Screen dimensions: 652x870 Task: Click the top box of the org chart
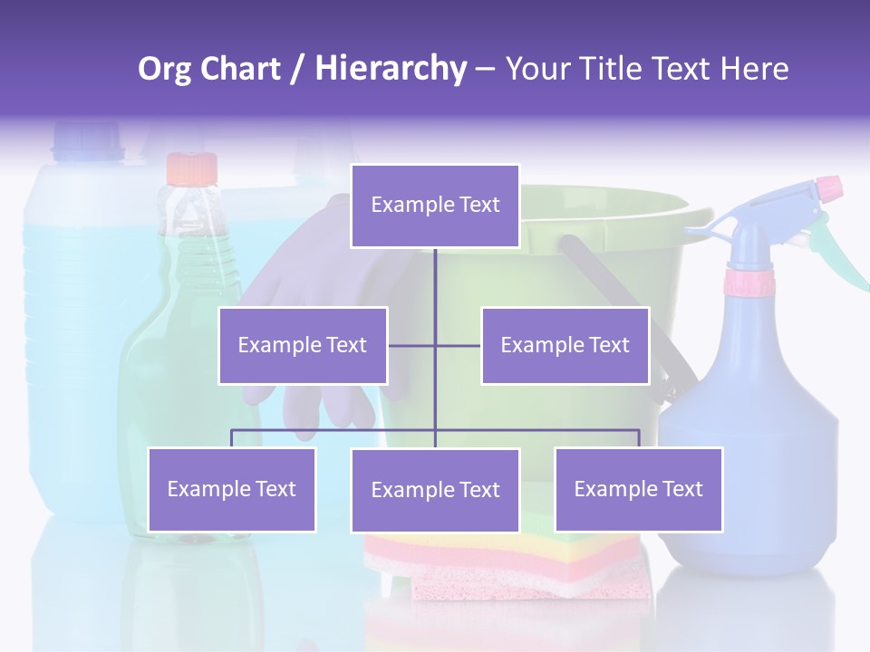(435, 206)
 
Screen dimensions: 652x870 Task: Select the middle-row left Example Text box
(303, 345)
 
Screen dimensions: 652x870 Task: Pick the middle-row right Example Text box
(565, 345)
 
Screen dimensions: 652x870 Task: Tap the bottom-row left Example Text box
(231, 489)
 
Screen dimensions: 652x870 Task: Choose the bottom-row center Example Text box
(435, 490)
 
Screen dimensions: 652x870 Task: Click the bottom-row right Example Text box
(638, 489)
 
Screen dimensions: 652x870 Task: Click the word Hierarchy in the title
(391, 70)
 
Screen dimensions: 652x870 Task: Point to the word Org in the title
(165, 70)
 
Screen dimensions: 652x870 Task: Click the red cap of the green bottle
(192, 168)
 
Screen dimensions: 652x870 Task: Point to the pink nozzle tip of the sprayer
(828, 188)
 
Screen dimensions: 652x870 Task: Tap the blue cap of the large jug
(87, 141)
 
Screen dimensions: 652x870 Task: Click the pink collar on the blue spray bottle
(749, 283)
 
